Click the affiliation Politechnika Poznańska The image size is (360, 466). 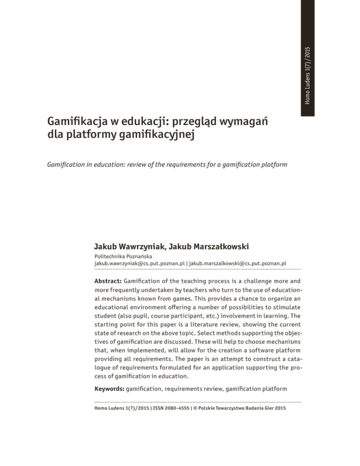120,257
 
